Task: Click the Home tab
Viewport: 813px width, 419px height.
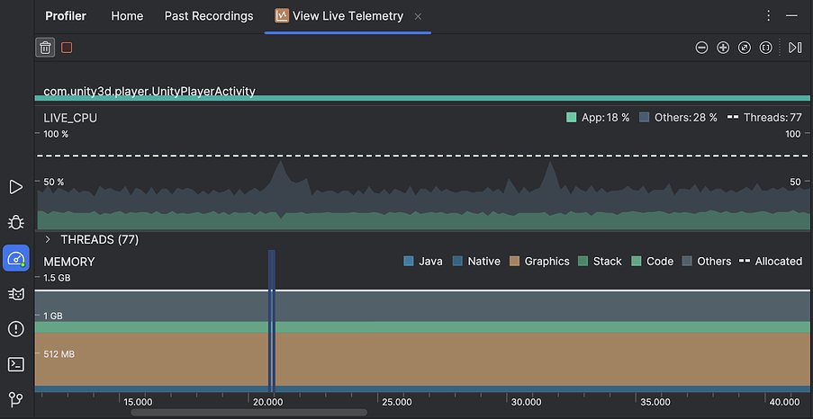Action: tap(127, 16)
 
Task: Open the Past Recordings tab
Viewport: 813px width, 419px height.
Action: tap(209, 16)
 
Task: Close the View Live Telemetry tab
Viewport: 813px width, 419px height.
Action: tap(418, 17)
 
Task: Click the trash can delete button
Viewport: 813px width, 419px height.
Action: tap(45, 48)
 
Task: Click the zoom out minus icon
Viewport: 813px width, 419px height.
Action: tap(702, 48)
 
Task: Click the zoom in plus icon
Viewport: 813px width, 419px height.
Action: tap(723, 48)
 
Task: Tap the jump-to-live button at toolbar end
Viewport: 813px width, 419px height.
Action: tap(795, 48)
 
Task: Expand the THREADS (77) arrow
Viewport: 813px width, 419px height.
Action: tap(48, 240)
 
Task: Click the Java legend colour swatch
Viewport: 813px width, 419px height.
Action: tap(410, 262)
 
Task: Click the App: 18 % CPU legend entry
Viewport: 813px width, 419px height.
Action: tap(598, 118)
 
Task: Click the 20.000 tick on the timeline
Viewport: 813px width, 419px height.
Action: tap(266, 402)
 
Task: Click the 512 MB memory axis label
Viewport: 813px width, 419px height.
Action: tap(59, 354)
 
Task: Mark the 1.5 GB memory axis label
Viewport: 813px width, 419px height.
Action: tap(57, 278)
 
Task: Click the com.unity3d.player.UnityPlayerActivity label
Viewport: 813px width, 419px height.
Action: tap(149, 91)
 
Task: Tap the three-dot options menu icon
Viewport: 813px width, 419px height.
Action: tap(768, 16)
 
